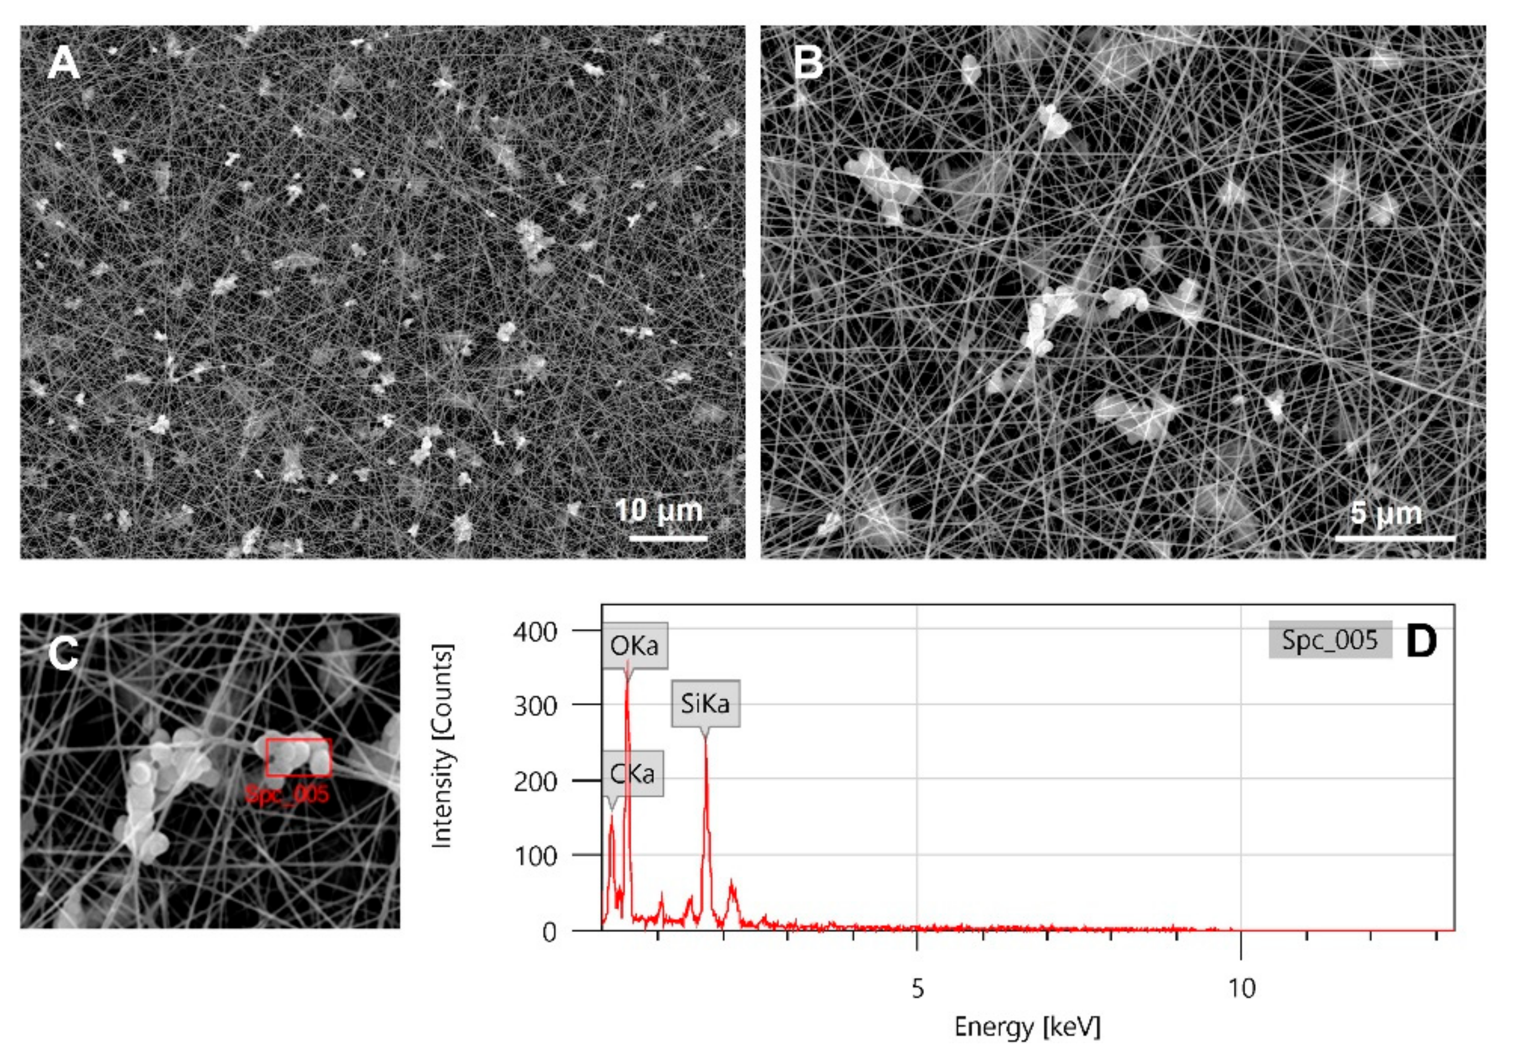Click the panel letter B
point(808,64)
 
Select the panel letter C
point(63,654)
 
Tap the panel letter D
point(1421,641)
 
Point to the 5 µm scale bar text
point(1386,513)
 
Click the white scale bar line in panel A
point(668,539)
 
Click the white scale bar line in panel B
point(1395,539)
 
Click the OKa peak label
point(634,645)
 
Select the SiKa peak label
point(705,703)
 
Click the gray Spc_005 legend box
point(1330,640)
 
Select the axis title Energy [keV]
point(1027,1027)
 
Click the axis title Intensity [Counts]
point(441,745)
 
